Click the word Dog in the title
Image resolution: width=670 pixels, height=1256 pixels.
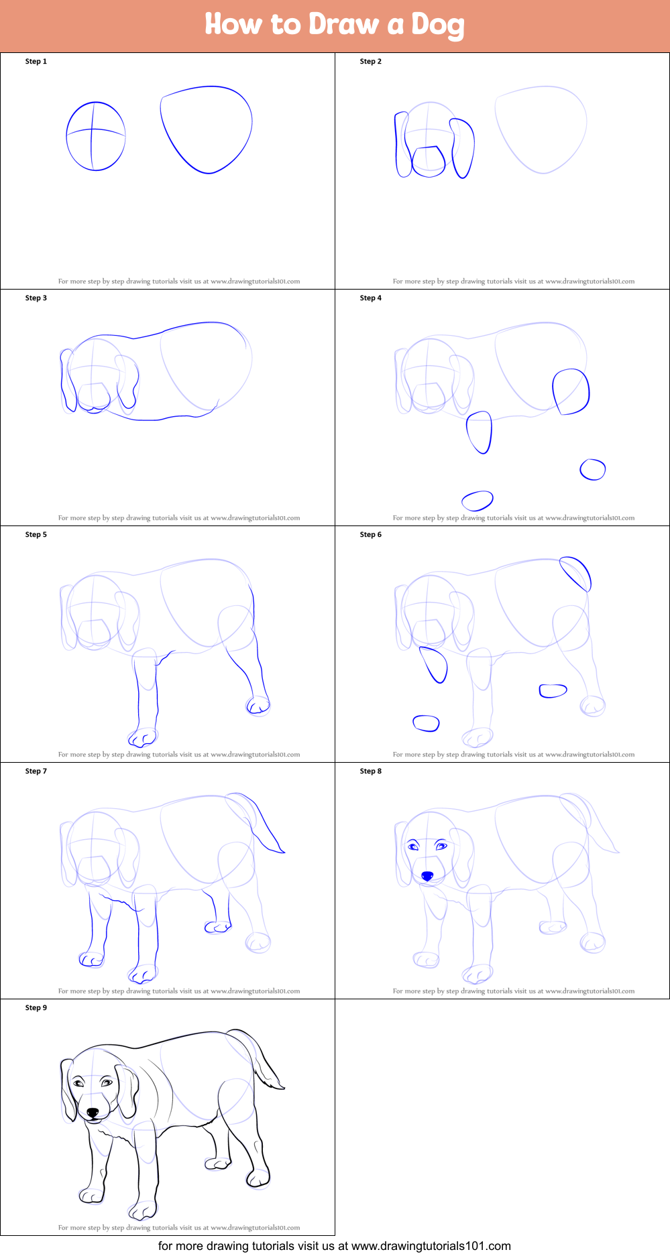(437, 25)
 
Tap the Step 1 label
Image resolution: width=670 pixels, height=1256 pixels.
(36, 62)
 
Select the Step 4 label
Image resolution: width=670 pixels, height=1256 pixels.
(371, 298)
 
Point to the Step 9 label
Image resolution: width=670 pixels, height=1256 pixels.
(36, 1008)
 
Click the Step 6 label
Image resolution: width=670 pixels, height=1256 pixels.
(371, 535)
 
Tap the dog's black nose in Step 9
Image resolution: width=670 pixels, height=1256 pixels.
(93, 1113)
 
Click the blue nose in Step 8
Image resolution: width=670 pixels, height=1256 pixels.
(427, 876)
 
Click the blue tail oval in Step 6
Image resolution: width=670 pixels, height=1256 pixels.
(575, 574)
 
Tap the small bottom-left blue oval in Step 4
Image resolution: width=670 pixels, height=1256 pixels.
(478, 501)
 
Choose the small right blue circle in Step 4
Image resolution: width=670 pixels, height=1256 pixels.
(593, 469)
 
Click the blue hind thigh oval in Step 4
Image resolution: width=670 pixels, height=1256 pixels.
(571, 391)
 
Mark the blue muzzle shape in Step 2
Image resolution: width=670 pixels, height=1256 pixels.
(429, 162)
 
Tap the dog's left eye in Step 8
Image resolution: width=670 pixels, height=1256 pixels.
(413, 846)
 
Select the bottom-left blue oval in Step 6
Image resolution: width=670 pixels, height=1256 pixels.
(426, 723)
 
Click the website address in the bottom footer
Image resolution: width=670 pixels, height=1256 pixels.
(431, 1246)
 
